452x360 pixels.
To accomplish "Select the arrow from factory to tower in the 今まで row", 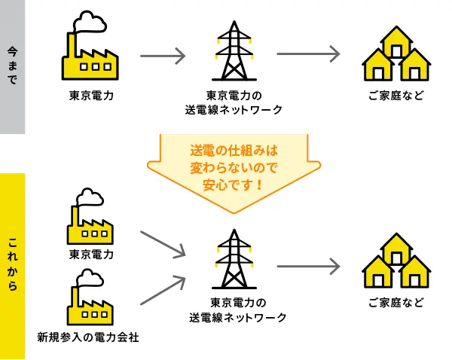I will click(163, 55).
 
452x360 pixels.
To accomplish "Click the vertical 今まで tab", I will click(13, 66).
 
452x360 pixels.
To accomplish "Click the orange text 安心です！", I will click(234, 182).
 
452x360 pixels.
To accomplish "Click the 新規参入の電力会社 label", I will click(88, 334).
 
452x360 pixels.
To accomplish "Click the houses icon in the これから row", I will click(396, 263).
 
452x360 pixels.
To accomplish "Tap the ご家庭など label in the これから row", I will click(396, 304).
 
